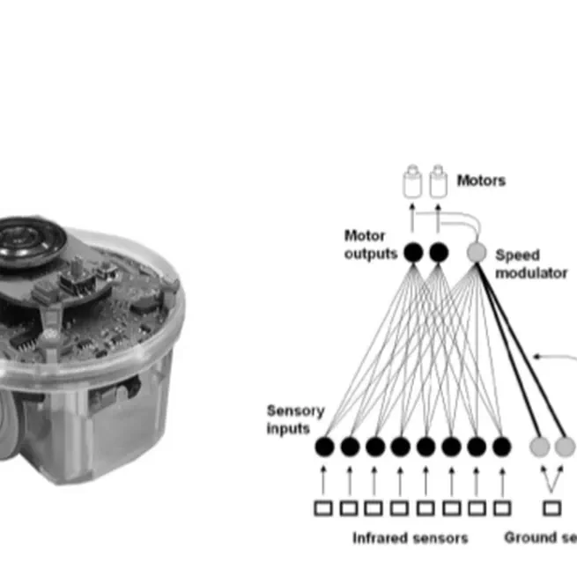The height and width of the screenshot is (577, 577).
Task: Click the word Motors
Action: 481,181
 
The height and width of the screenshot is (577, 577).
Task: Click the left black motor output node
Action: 412,253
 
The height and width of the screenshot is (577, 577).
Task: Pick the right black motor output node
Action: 439,253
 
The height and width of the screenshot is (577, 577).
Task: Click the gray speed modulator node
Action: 476,253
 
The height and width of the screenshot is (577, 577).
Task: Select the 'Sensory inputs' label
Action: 295,419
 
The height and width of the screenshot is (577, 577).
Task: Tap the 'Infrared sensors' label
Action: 410,537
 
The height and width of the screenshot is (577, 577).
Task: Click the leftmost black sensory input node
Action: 324,447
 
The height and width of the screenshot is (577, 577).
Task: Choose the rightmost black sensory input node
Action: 502,447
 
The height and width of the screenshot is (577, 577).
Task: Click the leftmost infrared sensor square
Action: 324,507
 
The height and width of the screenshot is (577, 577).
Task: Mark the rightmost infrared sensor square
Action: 502,507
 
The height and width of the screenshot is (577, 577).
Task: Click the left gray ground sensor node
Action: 539,447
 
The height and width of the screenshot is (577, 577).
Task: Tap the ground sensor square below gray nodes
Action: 552,507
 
